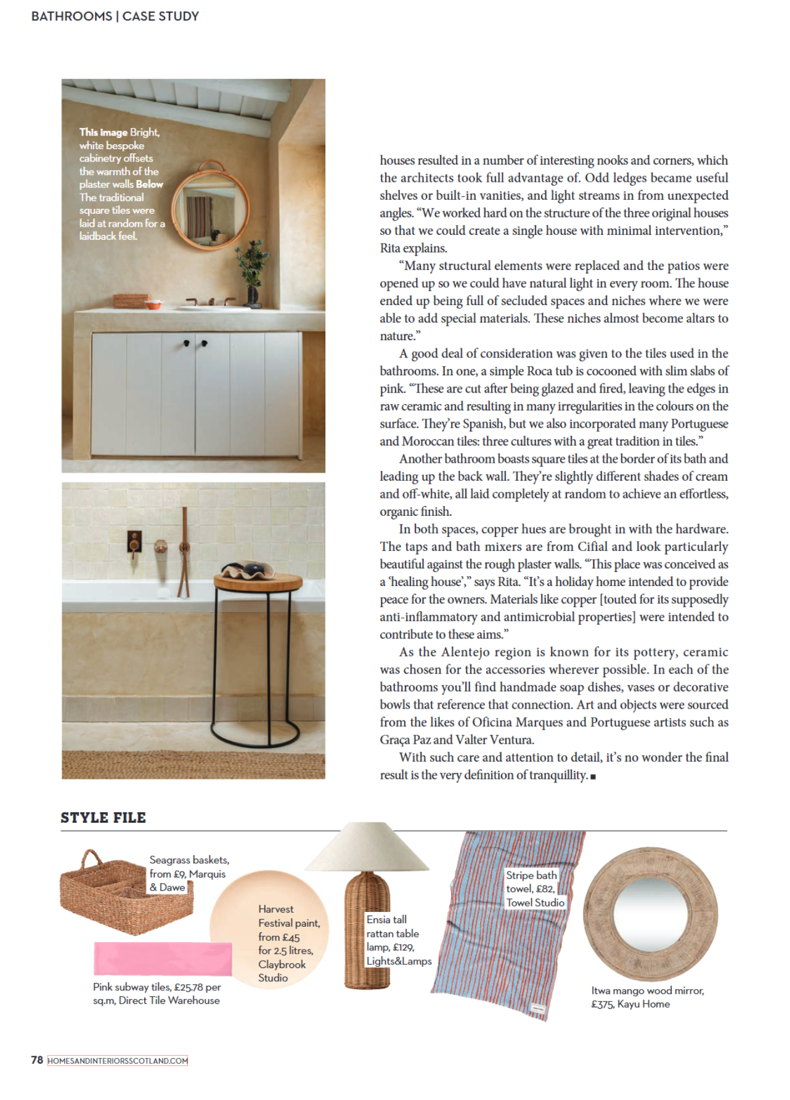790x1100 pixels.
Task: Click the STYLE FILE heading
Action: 103,818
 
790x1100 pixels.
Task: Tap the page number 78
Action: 37,1060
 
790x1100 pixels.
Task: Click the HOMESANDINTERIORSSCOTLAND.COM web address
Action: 118,1061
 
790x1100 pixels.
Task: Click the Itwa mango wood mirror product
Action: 650,913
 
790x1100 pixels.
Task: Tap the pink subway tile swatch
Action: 163,959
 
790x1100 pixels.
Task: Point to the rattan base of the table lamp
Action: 367,931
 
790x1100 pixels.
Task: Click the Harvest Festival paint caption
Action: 288,943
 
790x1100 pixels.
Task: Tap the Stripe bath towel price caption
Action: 535,889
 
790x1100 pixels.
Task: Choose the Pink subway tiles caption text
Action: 157,993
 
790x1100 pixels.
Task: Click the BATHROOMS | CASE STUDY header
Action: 115,16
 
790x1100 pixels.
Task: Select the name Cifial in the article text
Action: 592,547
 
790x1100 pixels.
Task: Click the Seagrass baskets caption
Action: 189,873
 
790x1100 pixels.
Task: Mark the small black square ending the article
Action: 593,776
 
